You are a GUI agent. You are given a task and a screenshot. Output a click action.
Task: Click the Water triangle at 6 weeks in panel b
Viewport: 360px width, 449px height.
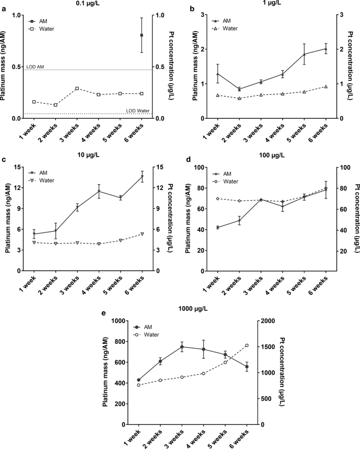(326, 87)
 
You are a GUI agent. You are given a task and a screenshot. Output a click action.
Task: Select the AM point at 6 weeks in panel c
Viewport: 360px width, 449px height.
(142, 177)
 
